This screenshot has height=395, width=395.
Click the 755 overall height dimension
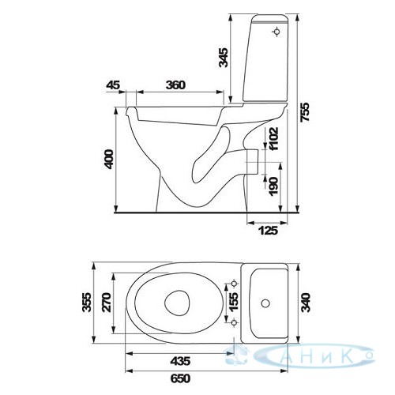click(306, 112)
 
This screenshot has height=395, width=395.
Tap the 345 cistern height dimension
click(224, 58)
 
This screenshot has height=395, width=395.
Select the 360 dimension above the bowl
click(175, 85)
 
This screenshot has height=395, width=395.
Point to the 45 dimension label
click(113, 85)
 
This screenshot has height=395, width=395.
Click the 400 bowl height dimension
click(109, 159)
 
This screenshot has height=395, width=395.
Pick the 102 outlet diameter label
click(273, 138)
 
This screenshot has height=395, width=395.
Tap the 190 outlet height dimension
click(273, 186)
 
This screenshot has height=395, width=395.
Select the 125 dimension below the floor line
click(268, 231)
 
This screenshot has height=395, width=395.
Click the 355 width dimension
click(87, 303)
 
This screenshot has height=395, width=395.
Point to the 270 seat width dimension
click(107, 303)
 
